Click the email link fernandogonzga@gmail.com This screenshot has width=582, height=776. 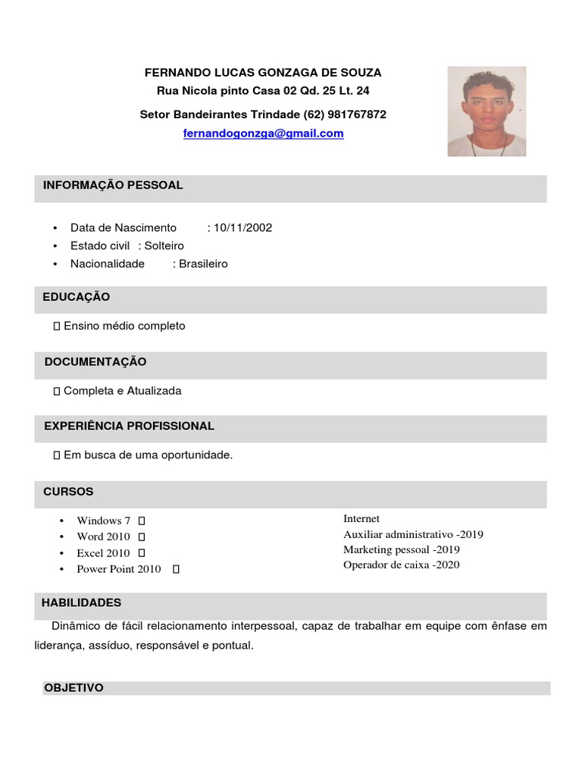click(x=263, y=133)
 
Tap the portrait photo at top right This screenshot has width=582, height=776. click(x=487, y=111)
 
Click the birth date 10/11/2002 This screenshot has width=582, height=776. click(x=242, y=227)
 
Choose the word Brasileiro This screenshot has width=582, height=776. click(x=203, y=264)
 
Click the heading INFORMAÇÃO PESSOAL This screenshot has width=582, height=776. click(x=113, y=185)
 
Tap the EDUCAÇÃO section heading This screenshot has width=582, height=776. click(x=77, y=296)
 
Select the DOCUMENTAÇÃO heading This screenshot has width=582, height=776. click(x=95, y=361)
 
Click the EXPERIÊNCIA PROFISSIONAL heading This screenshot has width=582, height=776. click(x=129, y=426)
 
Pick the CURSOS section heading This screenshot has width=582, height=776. click(x=68, y=491)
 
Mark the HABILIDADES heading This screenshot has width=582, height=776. click(x=81, y=602)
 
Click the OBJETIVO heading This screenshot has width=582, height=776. click(x=74, y=687)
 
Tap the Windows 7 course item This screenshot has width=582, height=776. click(x=104, y=521)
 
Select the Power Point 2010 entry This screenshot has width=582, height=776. click(x=119, y=569)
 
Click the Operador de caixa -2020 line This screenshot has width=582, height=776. click(x=401, y=565)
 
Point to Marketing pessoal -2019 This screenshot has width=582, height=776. click(x=401, y=549)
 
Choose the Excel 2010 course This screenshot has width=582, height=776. click(x=103, y=553)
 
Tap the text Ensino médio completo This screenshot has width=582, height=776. click(x=124, y=326)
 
